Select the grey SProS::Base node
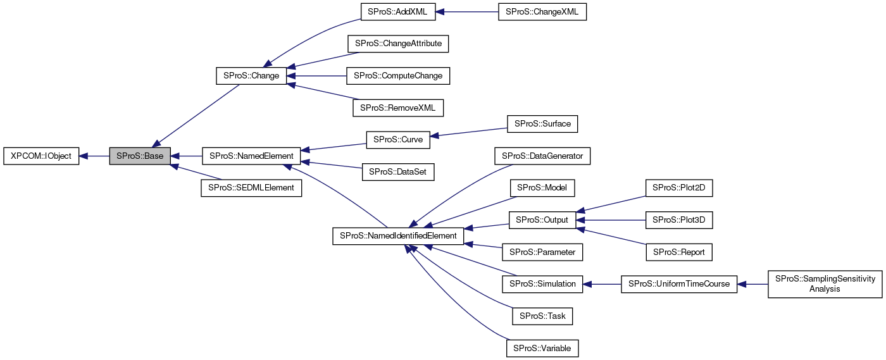click(140, 156)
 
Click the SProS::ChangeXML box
click(542, 12)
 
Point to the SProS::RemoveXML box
click(398, 108)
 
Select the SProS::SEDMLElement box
click(251, 188)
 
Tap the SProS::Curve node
click(398, 139)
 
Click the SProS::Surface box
click(542, 123)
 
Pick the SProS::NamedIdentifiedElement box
click(398, 235)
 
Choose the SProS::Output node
click(542, 220)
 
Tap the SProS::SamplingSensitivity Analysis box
click(825, 283)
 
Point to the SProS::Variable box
click(542, 348)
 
